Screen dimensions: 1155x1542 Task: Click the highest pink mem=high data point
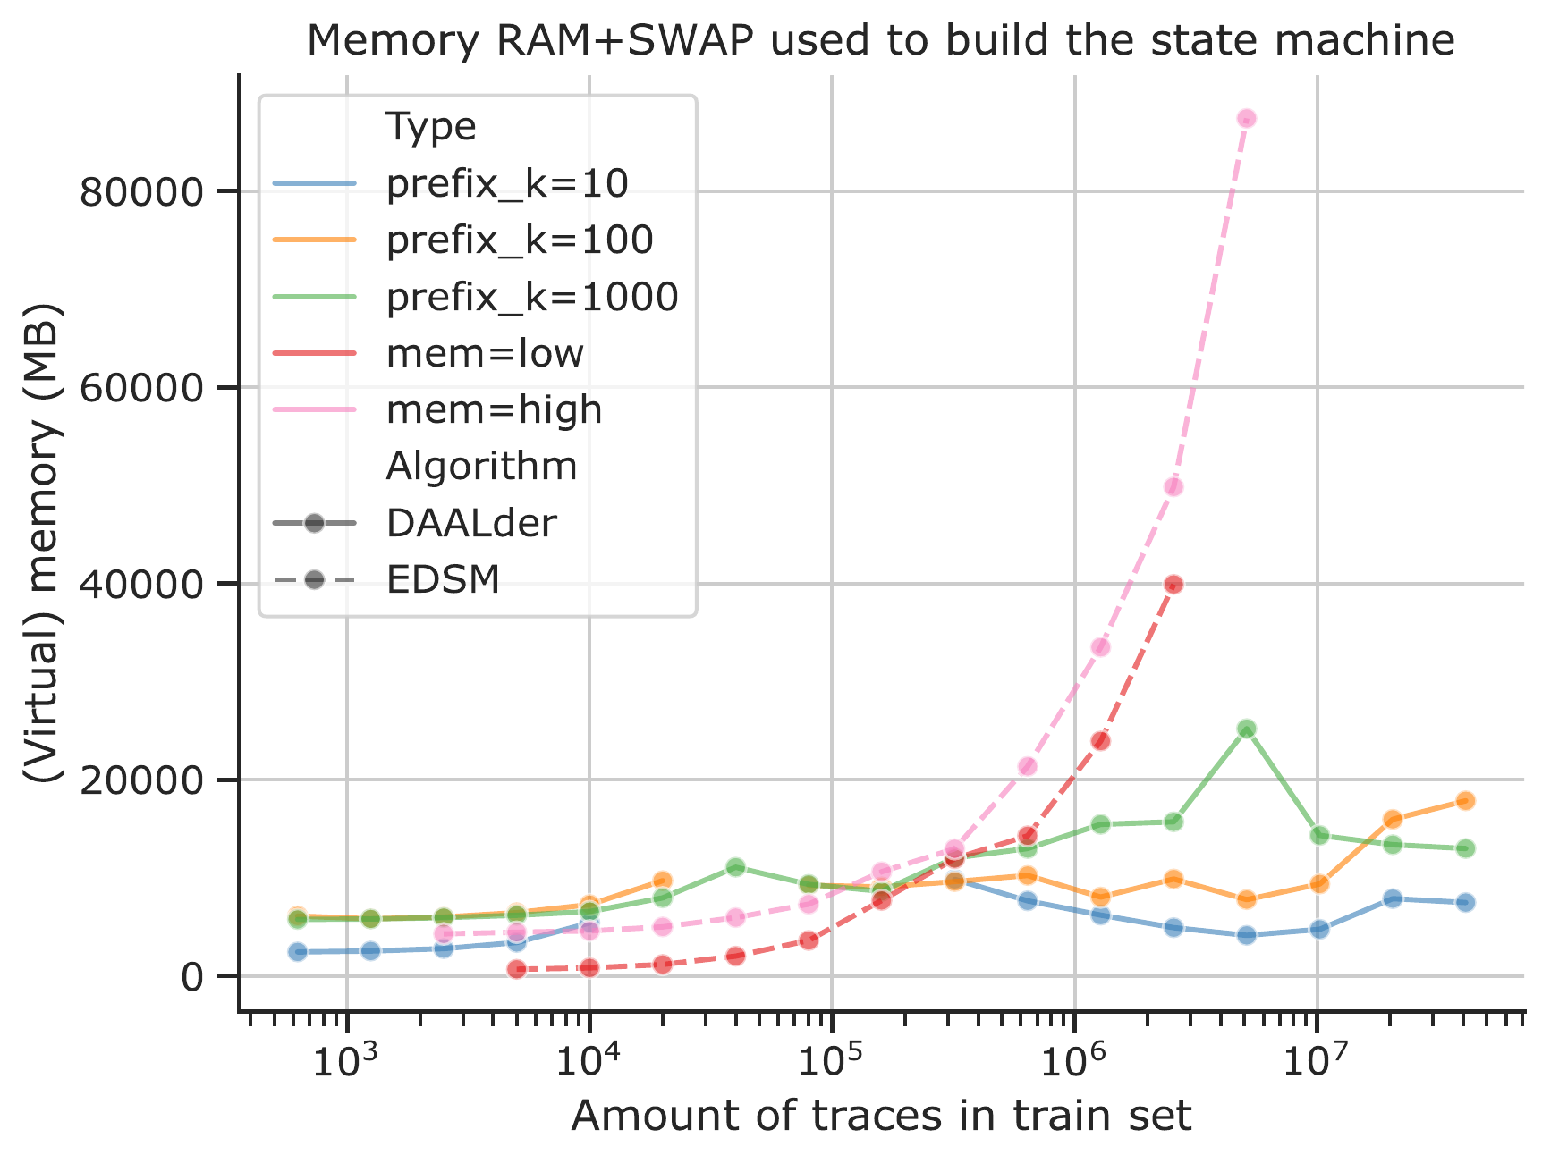tap(1247, 118)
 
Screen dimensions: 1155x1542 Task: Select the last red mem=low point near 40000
tap(1173, 584)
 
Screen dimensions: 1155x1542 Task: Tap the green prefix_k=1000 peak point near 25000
tap(1247, 729)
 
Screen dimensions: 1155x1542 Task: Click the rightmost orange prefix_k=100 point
tap(1465, 800)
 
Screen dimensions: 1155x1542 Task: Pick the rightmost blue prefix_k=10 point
tap(1465, 902)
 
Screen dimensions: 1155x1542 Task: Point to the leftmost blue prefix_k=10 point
tap(298, 951)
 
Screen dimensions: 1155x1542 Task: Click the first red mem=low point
tap(516, 969)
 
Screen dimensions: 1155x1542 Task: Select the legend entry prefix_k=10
tap(506, 183)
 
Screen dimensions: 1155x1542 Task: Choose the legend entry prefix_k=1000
tap(531, 297)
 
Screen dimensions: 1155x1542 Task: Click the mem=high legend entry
tap(494, 410)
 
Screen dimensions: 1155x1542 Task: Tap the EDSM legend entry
tap(443, 580)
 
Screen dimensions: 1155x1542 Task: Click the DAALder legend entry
tap(471, 523)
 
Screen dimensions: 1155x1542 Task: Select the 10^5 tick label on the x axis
tap(831, 1061)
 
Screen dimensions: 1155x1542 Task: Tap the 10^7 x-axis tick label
tap(1316, 1061)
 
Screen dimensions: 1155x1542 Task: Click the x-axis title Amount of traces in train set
tap(881, 1117)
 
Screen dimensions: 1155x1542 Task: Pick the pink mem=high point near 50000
tap(1173, 486)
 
